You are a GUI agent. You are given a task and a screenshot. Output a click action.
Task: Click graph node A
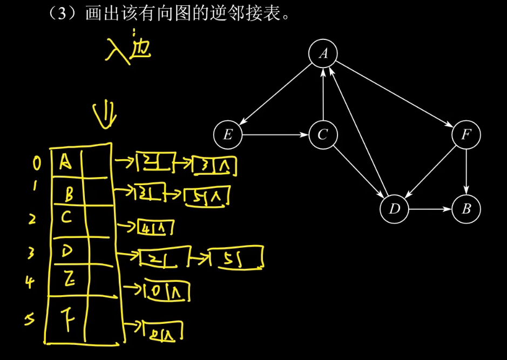[323, 53]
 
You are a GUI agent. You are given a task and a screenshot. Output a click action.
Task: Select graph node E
[228, 134]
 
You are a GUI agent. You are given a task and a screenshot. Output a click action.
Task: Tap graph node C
[323, 134]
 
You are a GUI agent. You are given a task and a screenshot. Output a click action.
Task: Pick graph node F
[466, 134]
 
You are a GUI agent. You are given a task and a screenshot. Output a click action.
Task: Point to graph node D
[394, 209]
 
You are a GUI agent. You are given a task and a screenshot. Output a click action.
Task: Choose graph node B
[466, 209]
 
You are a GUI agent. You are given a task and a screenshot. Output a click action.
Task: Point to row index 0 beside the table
[36, 162]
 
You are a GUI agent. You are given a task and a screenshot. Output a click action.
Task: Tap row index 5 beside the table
[31, 320]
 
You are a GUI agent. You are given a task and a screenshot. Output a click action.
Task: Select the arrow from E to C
[275, 134]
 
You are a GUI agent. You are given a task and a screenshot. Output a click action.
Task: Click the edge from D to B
[430, 209]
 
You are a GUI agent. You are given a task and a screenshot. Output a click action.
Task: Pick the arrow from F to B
[466, 172]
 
